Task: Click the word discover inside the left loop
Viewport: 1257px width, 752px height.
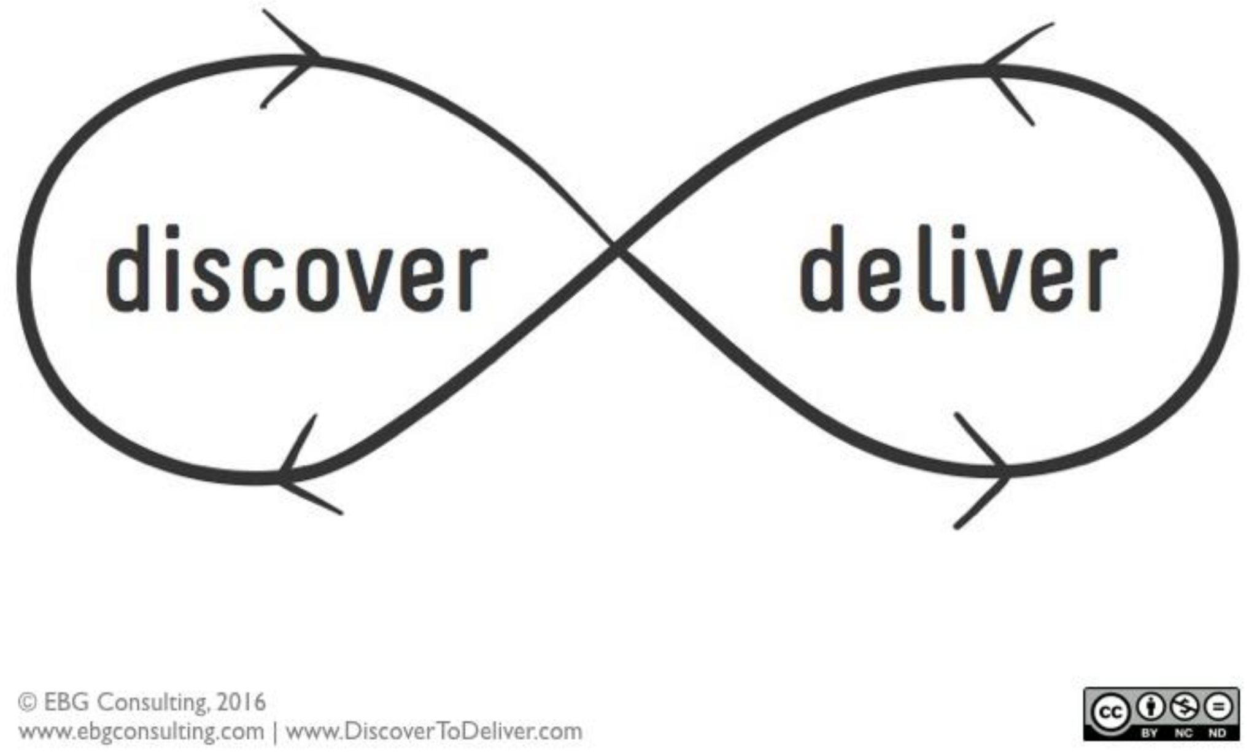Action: click(297, 269)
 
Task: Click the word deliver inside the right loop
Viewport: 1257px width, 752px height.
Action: click(958, 269)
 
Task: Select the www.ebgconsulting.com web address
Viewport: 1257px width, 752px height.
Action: click(142, 732)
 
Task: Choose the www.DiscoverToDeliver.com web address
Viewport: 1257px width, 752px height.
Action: click(434, 732)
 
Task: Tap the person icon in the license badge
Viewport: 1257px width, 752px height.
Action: click(1151, 707)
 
